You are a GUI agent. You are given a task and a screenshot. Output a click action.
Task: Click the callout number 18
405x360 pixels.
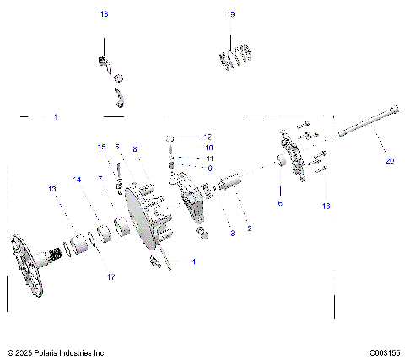point(104,14)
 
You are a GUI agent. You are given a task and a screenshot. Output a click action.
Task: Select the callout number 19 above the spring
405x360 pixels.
point(230,14)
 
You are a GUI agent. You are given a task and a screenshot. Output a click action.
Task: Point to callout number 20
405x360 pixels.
point(389,160)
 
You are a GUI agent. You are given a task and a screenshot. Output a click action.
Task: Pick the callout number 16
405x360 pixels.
point(326,206)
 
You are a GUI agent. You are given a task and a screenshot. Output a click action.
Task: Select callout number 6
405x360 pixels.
point(281,202)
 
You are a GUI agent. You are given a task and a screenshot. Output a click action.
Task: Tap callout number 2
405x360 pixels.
point(249,228)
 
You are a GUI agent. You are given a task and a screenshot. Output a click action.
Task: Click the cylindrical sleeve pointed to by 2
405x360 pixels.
point(231,182)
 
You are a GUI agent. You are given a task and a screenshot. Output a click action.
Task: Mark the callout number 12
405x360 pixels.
point(208,136)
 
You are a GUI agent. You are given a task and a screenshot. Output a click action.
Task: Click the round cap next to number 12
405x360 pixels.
point(172,137)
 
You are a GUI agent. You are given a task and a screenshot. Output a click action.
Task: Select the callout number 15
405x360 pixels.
point(102,147)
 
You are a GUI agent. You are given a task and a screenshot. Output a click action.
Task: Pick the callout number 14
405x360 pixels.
point(78,179)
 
